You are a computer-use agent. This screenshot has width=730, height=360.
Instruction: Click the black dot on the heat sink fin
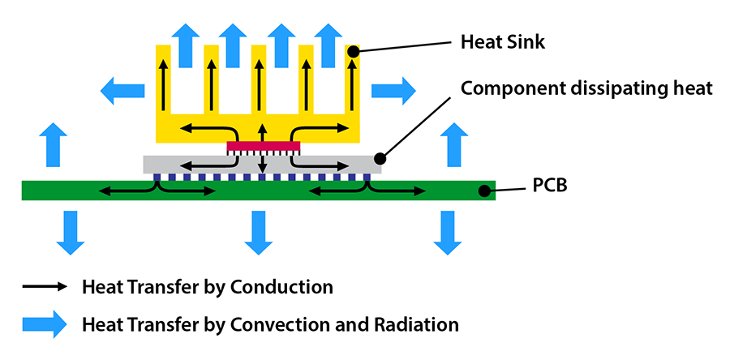pyautogui.click(x=354, y=52)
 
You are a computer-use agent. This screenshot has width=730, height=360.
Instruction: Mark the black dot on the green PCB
pyautogui.click(x=484, y=191)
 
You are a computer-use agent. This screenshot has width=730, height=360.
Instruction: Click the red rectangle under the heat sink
pyautogui.click(x=264, y=146)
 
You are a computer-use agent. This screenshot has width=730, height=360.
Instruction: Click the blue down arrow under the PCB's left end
pyautogui.click(x=71, y=231)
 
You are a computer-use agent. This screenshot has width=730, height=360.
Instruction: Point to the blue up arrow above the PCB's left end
pyautogui.click(x=53, y=143)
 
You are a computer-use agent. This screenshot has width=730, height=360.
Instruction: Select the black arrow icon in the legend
pyautogui.click(x=45, y=287)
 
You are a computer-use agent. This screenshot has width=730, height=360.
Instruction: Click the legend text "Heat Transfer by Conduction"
pyautogui.click(x=207, y=287)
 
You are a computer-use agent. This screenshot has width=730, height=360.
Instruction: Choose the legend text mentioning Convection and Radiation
pyautogui.click(x=270, y=324)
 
